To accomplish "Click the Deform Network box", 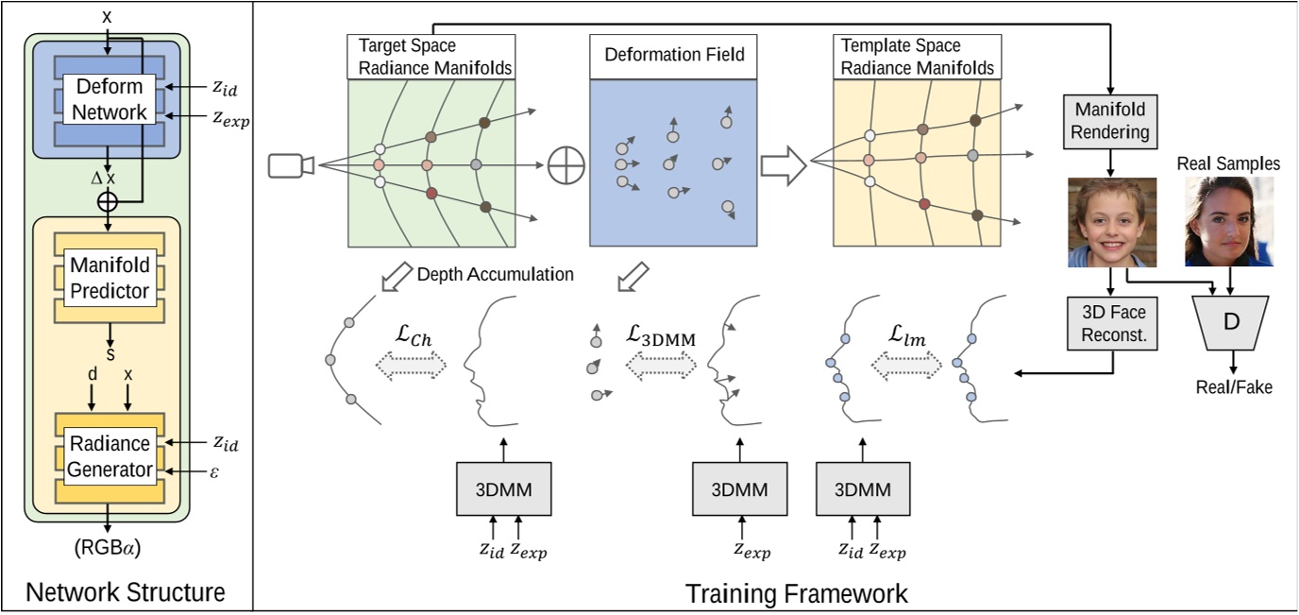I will (110, 99).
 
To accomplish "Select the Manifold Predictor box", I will (110, 279).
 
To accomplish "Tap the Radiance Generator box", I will (110, 456).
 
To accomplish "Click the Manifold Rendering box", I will (1110, 121).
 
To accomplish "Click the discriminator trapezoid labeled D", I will (1231, 321).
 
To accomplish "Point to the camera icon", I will (291, 165).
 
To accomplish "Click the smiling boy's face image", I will (1112, 222).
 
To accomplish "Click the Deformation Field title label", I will (674, 56).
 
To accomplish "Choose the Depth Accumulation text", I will (495, 275).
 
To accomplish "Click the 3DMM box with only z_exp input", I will (739, 489).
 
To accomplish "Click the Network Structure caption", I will (126, 592).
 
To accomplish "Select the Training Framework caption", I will (796, 593).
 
